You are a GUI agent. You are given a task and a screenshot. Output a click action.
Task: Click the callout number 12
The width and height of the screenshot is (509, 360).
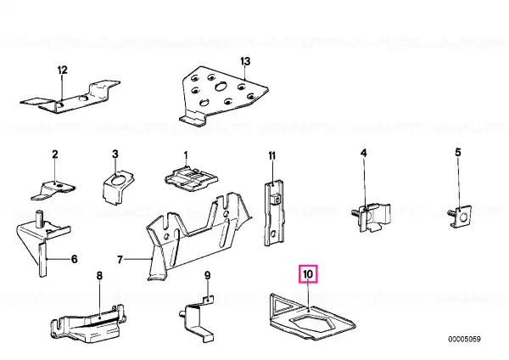click(62, 70)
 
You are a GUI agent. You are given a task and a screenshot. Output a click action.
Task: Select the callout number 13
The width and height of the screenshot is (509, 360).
click(245, 61)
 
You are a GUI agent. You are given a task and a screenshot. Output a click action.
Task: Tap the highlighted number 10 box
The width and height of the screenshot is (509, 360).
click(308, 274)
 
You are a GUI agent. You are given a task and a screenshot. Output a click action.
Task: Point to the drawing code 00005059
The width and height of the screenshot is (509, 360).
click(464, 340)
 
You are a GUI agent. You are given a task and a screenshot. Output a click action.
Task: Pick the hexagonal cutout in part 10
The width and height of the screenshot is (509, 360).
click(311, 323)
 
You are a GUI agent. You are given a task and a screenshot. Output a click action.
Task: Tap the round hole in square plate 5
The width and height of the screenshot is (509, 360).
click(463, 217)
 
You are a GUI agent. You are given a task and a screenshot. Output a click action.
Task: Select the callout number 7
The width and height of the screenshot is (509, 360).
click(120, 260)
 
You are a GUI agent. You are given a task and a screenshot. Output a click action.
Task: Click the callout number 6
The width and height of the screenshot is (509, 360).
click(75, 259)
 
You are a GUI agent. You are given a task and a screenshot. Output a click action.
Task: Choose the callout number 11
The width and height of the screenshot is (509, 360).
click(271, 156)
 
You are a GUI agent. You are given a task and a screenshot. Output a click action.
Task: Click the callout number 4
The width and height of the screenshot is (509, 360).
click(364, 153)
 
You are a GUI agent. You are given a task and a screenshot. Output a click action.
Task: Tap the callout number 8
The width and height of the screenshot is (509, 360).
click(99, 276)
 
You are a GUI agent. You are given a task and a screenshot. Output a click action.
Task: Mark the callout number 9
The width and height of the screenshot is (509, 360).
click(207, 276)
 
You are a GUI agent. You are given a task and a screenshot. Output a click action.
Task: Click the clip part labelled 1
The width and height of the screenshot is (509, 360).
click(192, 178)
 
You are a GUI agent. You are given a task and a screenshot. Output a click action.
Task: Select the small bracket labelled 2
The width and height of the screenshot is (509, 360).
click(53, 190)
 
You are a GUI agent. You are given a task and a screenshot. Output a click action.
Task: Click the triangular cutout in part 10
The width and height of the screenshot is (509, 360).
click(282, 306)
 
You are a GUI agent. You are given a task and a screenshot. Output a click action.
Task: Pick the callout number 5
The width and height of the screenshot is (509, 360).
click(458, 152)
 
